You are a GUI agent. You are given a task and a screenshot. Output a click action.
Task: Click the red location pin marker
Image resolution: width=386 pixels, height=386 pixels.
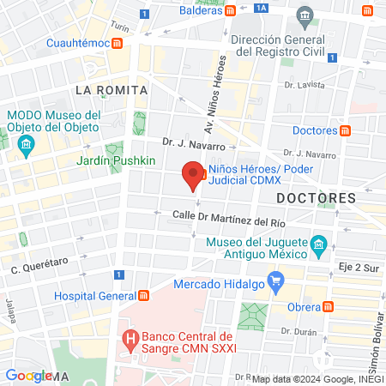coord(194,176)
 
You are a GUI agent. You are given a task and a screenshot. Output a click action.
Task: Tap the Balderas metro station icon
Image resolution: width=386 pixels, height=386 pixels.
coord(232,11)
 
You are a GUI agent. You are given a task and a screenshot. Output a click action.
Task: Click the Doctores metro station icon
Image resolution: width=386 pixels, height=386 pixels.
coord(345,130)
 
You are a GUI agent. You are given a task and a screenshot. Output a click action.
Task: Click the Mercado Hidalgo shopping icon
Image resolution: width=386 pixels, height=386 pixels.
coord(275,280)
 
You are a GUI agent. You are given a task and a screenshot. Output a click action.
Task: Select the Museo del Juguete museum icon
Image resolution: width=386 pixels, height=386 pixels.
coord(318,245)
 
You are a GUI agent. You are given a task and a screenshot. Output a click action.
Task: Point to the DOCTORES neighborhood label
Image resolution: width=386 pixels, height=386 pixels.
coord(316,198)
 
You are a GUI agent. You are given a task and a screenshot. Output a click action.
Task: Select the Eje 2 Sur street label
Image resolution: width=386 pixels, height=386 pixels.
coord(358,268)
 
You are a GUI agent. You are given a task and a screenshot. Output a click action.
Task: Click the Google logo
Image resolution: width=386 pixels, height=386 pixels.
coord(28,375)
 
